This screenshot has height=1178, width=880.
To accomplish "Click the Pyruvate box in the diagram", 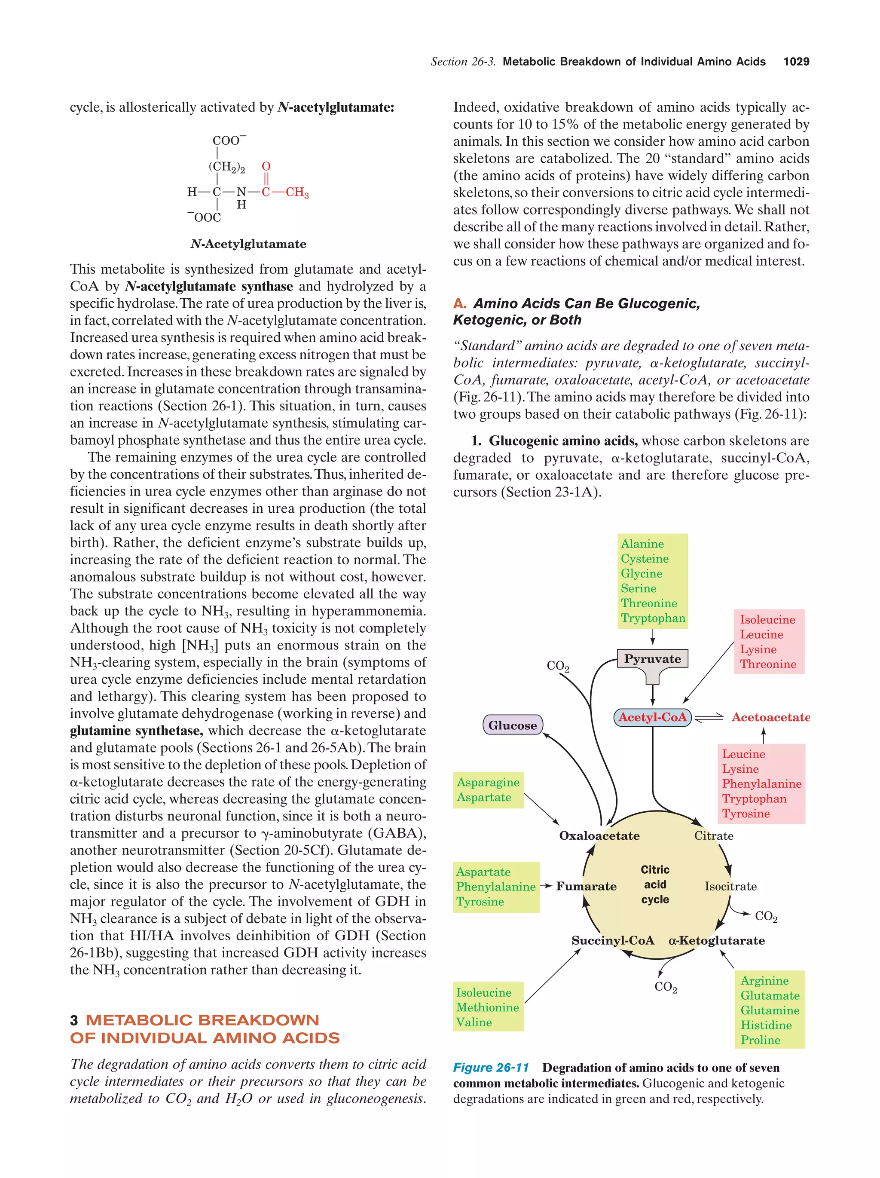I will (652, 659).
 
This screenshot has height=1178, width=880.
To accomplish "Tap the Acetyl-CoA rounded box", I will (652, 717).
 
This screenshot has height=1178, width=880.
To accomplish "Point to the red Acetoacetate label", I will (770, 717).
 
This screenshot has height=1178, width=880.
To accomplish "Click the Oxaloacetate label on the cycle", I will (599, 835).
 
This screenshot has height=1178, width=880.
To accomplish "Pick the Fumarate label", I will (586, 886).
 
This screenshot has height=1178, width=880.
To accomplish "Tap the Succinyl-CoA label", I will (612, 940).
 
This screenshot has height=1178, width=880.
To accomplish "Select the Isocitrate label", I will (730, 886).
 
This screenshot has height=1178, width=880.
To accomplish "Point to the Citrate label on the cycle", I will (713, 835).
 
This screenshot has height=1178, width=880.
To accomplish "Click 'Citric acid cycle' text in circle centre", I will (654, 884).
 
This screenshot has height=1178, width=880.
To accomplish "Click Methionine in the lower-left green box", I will (487, 1007).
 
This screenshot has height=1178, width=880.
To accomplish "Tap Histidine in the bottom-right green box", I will (766, 1025).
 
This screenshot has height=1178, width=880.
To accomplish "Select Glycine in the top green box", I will (641, 574).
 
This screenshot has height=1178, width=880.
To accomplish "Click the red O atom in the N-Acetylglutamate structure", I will (266, 166).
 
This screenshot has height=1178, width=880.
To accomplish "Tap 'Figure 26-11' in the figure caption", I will (490, 1068).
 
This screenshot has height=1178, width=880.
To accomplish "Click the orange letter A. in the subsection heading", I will (459, 303).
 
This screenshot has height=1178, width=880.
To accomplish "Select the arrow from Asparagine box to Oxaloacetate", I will (541, 808).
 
